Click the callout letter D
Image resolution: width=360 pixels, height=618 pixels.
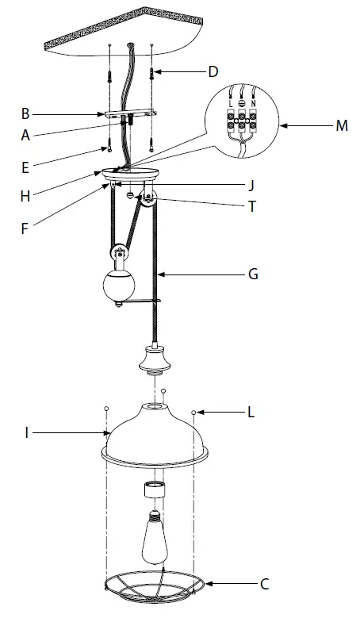212,72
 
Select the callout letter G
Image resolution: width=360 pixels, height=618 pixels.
254,274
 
